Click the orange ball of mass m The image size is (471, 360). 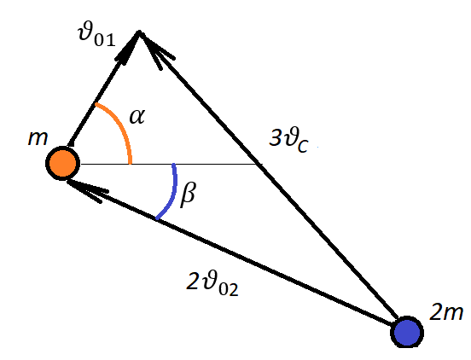[x=63, y=163]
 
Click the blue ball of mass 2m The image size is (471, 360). [x=407, y=332]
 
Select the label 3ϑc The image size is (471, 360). [x=288, y=140]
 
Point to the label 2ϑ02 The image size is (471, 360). [x=212, y=283]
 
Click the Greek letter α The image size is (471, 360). [x=137, y=117]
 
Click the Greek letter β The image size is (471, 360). [x=188, y=194]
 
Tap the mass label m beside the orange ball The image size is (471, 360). [x=38, y=138]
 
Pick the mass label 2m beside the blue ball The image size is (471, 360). [x=446, y=312]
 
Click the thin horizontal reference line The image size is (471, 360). [x=172, y=164]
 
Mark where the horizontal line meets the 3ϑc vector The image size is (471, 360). [x=258, y=164]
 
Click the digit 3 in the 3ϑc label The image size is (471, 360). [x=275, y=137]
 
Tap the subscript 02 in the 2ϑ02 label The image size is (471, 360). [x=229, y=289]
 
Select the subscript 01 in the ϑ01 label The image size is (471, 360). [x=105, y=39]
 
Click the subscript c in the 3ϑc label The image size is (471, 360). [x=303, y=147]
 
